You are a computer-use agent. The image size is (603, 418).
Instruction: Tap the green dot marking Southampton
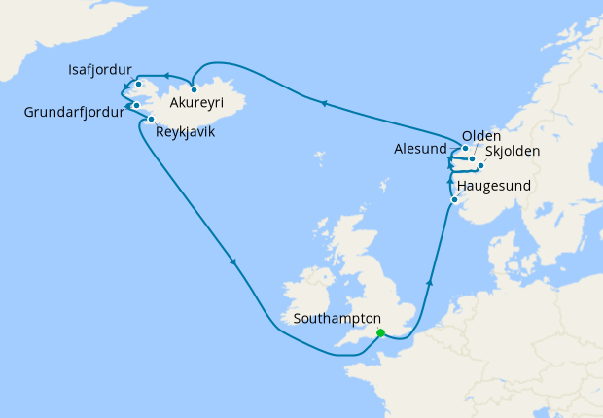(380, 333)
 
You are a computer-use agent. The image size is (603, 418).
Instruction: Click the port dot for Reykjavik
(152, 119)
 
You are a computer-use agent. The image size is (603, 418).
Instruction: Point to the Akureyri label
(196, 102)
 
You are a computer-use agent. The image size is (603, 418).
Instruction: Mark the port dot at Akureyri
(195, 89)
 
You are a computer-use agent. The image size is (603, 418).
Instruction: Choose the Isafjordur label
(101, 71)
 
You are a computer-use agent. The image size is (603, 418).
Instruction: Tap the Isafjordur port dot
(139, 85)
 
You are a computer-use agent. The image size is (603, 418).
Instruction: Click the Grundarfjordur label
(74, 113)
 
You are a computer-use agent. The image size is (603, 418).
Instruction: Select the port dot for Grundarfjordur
(137, 105)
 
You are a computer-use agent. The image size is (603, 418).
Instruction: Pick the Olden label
(481, 135)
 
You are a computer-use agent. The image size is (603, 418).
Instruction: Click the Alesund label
(420, 150)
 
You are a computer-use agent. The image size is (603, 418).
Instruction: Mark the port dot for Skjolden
(480, 166)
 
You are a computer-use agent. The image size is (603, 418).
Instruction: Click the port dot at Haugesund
(454, 200)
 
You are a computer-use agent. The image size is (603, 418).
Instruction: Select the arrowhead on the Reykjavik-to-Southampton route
(233, 261)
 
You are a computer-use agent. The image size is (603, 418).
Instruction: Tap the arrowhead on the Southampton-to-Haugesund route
(429, 279)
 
